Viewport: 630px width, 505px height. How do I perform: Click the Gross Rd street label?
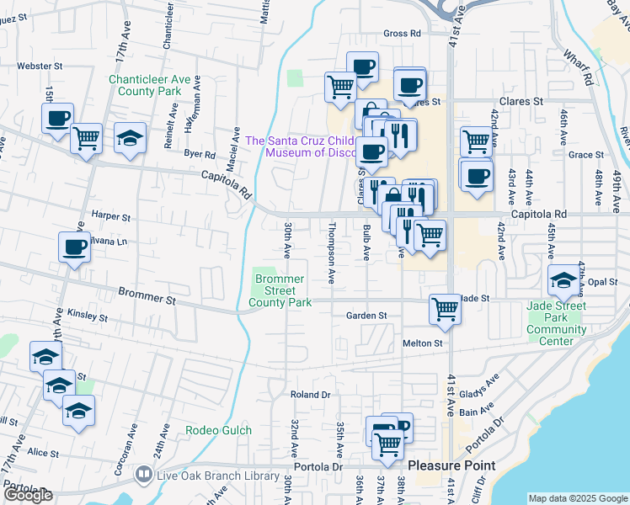[x=401, y=34]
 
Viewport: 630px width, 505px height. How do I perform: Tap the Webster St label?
[x=40, y=65]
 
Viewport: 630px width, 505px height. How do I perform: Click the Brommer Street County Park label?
[x=280, y=290]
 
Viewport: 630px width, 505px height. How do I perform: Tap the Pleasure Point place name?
[x=451, y=465]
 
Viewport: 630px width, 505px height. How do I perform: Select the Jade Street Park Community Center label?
[x=556, y=324]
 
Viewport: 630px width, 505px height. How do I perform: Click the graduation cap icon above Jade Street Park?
[x=563, y=280]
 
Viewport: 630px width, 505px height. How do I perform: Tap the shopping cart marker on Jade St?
[x=445, y=308]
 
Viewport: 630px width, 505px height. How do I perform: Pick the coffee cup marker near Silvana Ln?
[x=74, y=248]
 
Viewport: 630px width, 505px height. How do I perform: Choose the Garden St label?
[x=366, y=316]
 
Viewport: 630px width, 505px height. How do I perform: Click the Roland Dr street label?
[x=310, y=395]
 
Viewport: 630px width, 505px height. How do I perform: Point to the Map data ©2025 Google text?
[x=577, y=498]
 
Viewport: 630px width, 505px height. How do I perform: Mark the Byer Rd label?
[x=200, y=155]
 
